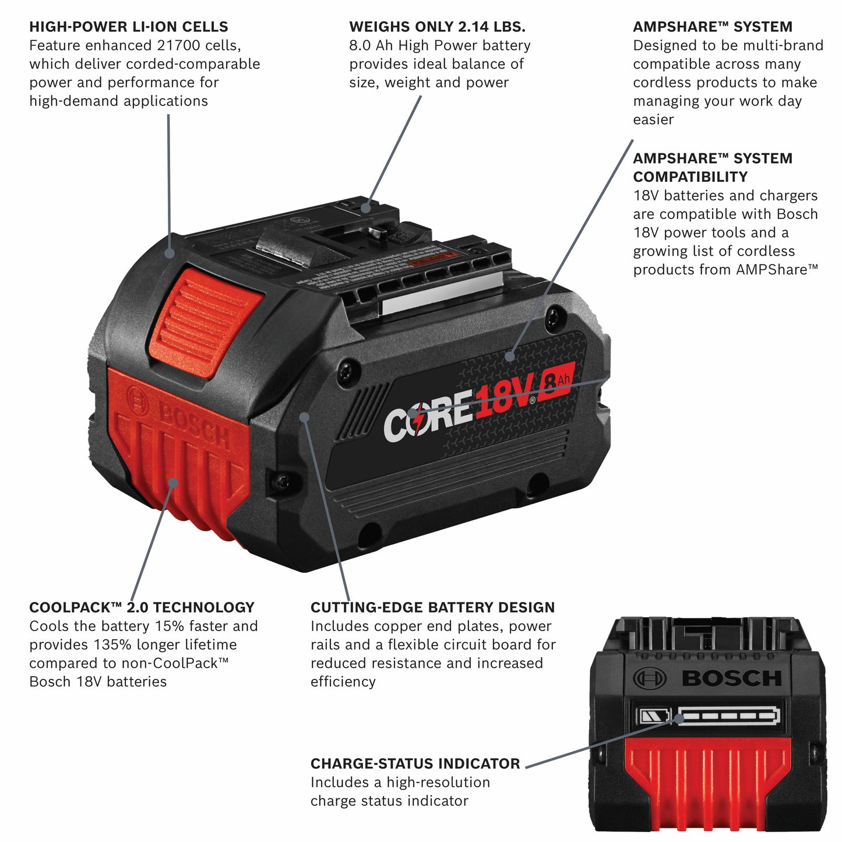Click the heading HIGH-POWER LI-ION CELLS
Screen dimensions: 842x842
[x=128, y=27]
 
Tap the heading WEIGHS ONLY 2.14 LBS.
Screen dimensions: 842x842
[x=437, y=27]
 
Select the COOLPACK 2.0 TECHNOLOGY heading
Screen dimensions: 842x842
[x=142, y=607]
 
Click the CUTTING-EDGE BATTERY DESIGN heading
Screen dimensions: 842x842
[x=432, y=607]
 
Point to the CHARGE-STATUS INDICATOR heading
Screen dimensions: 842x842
[x=415, y=763]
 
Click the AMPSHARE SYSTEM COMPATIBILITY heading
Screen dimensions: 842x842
[x=712, y=167]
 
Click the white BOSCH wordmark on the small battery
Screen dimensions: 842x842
[x=731, y=678]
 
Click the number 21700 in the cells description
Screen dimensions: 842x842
[x=178, y=45]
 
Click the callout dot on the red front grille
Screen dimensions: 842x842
[x=173, y=482]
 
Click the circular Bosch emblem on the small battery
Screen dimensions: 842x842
[x=649, y=678]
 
